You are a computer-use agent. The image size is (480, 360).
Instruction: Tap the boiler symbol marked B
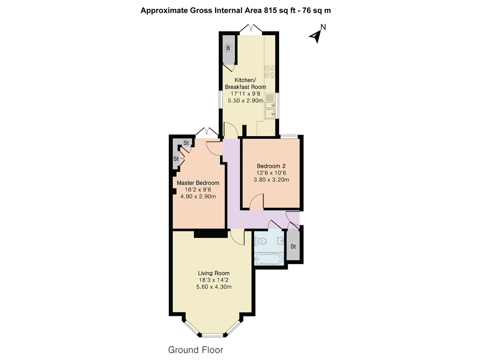[228, 48]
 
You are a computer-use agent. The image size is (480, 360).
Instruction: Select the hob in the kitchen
[270, 72]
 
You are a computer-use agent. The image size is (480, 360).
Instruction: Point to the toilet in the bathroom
[260, 241]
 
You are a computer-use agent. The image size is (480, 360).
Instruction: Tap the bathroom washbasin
[281, 240]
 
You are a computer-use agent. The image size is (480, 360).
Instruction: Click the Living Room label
[212, 274]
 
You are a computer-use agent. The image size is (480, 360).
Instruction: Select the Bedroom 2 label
[271, 166]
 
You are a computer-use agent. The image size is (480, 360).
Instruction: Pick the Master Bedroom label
[198, 183]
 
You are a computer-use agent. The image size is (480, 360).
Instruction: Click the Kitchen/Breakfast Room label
[245, 83]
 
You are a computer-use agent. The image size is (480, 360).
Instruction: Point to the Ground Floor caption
[196, 350]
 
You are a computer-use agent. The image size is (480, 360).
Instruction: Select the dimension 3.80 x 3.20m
[271, 180]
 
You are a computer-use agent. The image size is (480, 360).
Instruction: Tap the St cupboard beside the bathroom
[293, 246]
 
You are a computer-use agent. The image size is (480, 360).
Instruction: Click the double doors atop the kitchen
[251, 29]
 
